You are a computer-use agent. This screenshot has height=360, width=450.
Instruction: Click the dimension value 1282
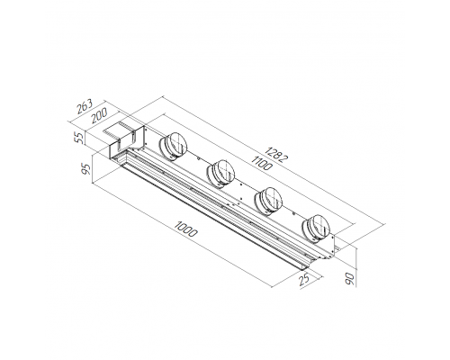click(x=276, y=154)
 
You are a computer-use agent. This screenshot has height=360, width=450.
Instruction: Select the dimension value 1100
click(x=261, y=163)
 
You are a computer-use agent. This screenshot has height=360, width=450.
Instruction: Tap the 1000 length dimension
click(x=186, y=229)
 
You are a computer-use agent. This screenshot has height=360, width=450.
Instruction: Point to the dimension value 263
click(x=85, y=106)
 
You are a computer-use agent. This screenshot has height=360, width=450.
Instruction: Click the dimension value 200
click(x=99, y=115)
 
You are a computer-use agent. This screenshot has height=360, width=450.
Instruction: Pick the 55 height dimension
click(x=80, y=138)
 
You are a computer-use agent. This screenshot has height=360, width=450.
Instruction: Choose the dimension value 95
click(x=86, y=169)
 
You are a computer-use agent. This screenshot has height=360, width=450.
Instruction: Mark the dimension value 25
click(x=304, y=280)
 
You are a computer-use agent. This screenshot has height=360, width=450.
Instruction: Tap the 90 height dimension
click(x=350, y=279)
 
